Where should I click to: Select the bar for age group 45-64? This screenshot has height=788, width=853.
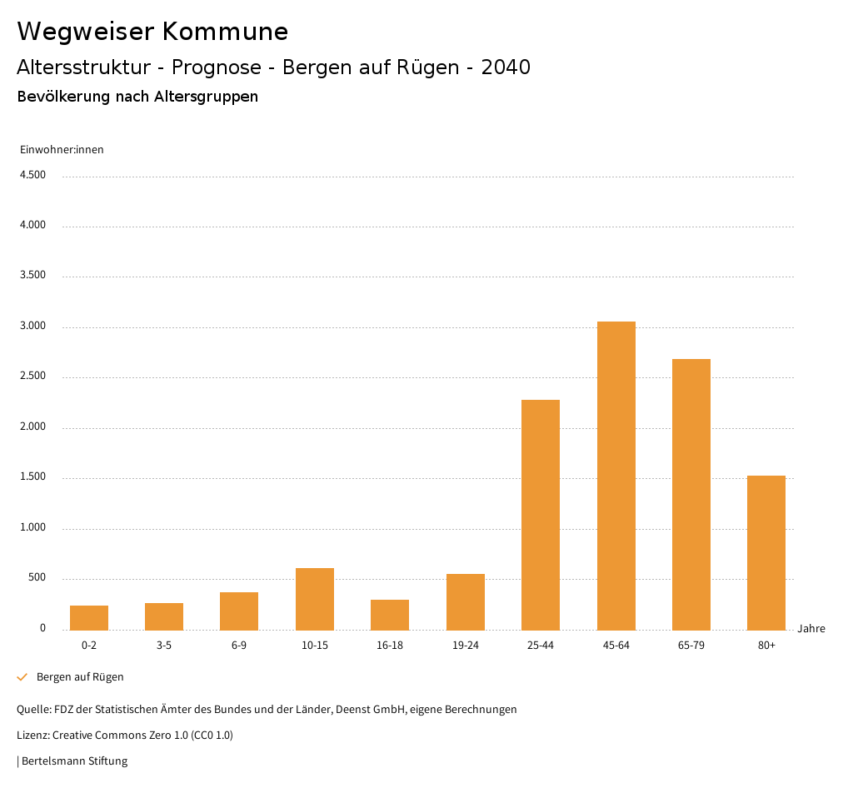(616, 476)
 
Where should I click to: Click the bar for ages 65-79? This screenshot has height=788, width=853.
(691, 494)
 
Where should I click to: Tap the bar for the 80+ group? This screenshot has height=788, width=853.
(766, 552)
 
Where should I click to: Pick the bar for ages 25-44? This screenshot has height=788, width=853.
(541, 515)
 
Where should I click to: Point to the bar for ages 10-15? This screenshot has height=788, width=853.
(315, 599)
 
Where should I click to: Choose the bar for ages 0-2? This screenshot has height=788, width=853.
(89, 617)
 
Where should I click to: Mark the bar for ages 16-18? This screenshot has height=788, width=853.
(390, 615)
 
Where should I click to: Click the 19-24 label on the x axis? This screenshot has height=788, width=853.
(465, 646)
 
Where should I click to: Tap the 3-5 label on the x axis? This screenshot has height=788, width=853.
(164, 646)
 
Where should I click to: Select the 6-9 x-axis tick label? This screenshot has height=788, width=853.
(239, 646)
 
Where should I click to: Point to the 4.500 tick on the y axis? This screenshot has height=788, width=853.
(32, 175)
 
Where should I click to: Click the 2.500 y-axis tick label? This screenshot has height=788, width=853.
(32, 377)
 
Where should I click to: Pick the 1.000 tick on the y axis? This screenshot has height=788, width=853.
(32, 528)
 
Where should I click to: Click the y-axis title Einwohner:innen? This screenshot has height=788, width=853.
(62, 150)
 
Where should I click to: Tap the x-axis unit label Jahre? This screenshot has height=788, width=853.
(811, 629)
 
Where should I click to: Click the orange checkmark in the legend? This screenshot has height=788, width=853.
(22, 677)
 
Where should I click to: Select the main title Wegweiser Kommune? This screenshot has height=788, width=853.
(152, 32)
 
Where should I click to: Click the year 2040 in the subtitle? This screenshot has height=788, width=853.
(506, 67)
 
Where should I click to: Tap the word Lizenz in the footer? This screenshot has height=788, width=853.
(32, 736)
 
